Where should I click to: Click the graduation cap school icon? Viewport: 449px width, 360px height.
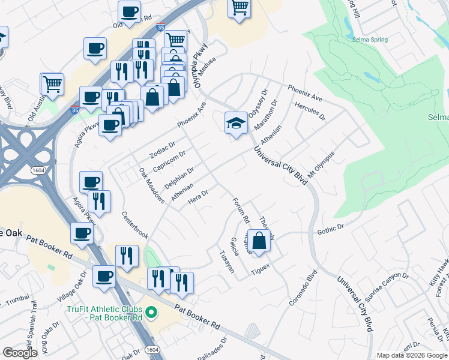click(236, 123)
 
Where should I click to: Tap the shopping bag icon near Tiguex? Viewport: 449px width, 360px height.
click(258, 241)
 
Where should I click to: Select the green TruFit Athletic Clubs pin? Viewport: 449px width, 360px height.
click(151, 313)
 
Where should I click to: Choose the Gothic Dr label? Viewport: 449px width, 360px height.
click(330, 228)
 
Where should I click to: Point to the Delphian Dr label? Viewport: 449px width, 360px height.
click(179, 178)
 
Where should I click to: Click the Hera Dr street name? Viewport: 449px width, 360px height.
click(197, 196)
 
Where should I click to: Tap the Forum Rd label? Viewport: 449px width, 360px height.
click(240, 210)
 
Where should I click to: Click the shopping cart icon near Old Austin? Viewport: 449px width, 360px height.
click(52, 85)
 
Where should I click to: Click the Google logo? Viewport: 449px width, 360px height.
click(20, 353)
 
